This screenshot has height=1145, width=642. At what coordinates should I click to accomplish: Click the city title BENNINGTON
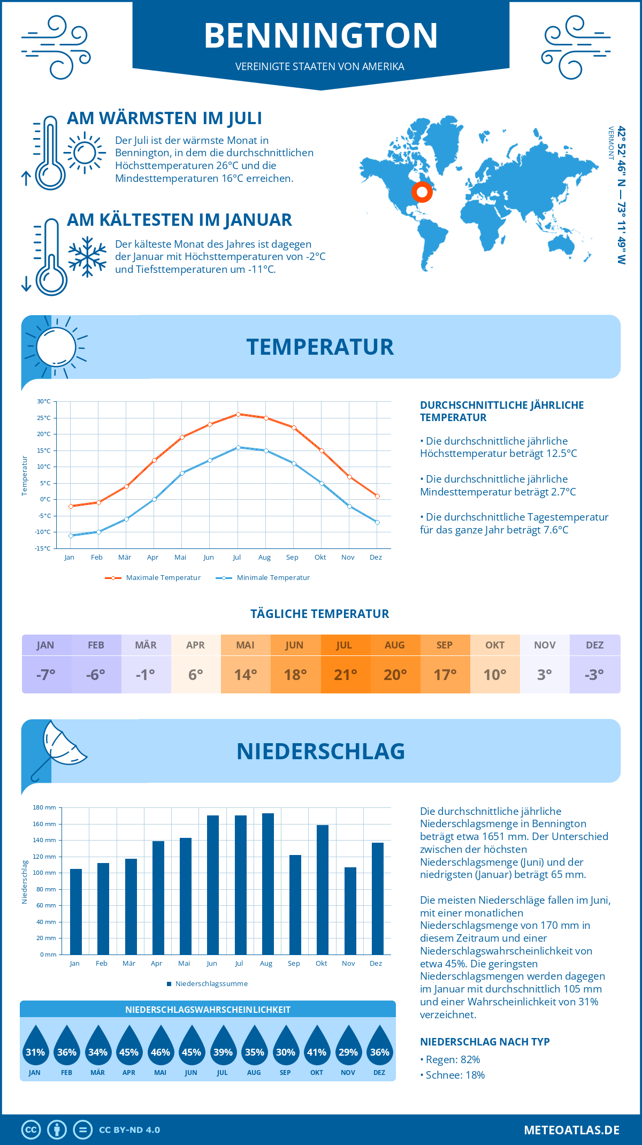click(321, 36)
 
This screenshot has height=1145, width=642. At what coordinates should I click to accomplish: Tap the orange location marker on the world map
click(422, 192)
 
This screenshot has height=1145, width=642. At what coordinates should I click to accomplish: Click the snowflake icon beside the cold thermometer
click(87, 257)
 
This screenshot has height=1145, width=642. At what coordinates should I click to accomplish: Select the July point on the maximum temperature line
click(238, 414)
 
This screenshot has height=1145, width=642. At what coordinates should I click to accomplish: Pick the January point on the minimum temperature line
click(71, 536)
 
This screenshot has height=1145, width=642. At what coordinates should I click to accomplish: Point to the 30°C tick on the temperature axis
click(44, 401)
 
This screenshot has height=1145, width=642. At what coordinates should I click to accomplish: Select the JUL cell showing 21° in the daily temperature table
click(345, 674)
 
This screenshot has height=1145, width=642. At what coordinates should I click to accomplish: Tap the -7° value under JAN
click(46, 675)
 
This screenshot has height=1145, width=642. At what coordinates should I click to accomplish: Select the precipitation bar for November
click(350, 911)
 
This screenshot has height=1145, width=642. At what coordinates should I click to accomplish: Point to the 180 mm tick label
click(44, 807)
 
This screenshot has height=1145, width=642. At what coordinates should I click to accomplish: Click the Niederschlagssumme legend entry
click(211, 984)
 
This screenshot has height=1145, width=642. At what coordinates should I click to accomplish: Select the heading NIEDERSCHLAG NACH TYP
click(485, 1042)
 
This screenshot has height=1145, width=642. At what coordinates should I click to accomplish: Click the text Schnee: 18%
click(455, 1075)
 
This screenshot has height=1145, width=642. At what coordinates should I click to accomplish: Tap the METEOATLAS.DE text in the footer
click(571, 1130)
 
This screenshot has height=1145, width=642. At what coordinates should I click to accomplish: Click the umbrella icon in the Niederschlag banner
click(59, 749)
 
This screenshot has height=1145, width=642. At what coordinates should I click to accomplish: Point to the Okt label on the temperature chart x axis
click(320, 558)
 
